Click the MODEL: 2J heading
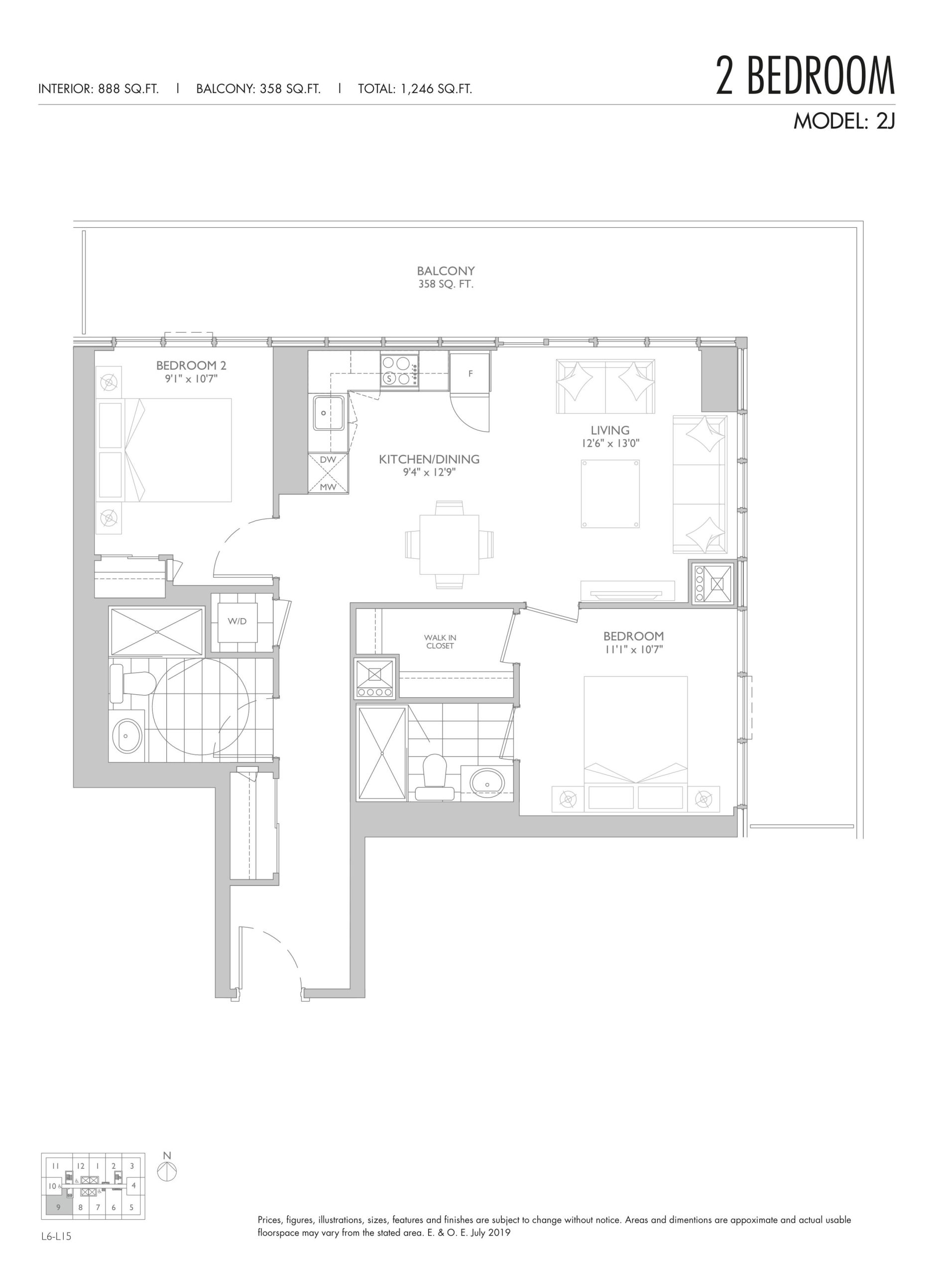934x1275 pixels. tap(844, 121)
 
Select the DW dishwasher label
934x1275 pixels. tap(328, 460)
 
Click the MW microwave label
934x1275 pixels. tap(328, 487)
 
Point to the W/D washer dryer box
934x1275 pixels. tap(237, 622)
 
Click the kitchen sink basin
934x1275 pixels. tap(329, 413)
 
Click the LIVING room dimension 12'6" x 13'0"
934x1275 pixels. tap(610, 443)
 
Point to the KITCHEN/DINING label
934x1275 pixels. tap(429, 459)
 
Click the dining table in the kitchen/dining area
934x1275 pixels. tap(450, 544)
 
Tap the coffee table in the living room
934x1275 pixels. tap(610, 494)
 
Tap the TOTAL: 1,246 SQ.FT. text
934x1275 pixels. tap(415, 89)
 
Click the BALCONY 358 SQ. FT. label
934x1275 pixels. tap(446, 277)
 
